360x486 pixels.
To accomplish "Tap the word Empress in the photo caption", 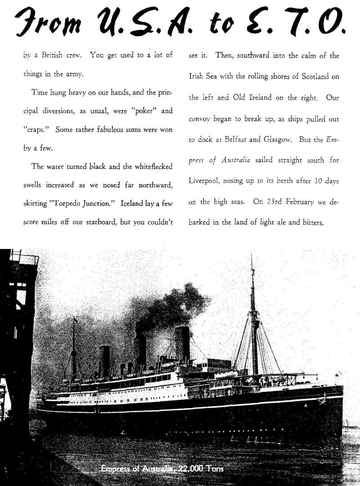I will [116, 469].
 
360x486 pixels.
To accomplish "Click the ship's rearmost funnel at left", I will [105, 360].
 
